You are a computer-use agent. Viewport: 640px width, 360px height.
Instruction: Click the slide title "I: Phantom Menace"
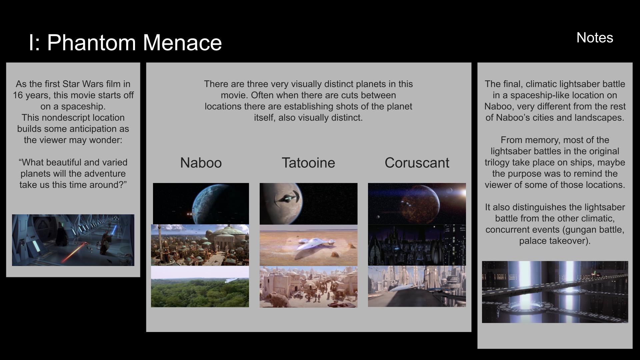coord(125,43)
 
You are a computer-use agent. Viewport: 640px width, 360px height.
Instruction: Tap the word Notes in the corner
coord(595,38)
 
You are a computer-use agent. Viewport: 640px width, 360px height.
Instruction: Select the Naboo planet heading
coord(201,163)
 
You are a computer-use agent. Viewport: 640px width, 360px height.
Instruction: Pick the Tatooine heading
coord(308,163)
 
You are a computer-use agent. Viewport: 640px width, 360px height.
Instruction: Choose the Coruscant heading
coord(417,163)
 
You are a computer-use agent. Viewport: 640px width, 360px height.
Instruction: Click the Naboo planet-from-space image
coord(201,203)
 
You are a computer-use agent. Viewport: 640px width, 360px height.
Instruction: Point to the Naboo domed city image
coord(200,245)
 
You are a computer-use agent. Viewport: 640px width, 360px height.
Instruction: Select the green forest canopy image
coord(200,287)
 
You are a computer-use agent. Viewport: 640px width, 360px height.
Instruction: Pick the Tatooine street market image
coord(308,287)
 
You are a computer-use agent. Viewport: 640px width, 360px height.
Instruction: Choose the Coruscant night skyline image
coord(417,245)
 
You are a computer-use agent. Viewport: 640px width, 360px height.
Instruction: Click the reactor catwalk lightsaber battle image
coord(555,292)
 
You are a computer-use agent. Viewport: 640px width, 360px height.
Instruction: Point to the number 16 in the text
coord(18,95)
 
